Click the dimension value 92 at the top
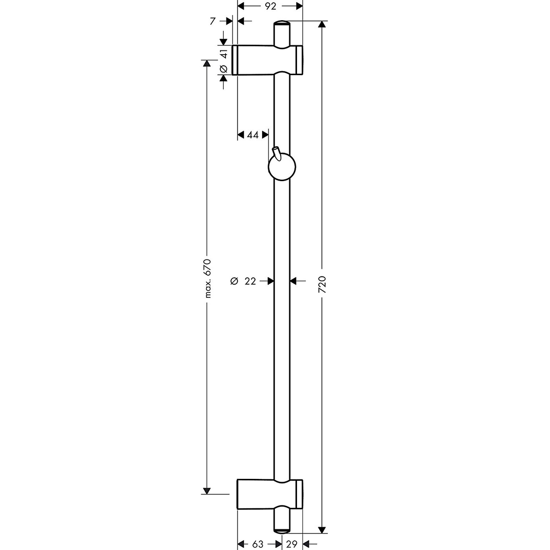click(270, 5)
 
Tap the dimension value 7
click(212, 21)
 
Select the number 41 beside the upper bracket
click(224, 53)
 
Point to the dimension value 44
click(253, 135)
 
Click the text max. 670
click(208, 278)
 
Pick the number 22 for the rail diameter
click(250, 281)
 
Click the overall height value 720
click(322, 284)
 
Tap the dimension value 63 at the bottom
click(258, 544)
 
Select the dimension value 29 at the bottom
click(291, 544)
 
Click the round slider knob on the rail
click(282, 167)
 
